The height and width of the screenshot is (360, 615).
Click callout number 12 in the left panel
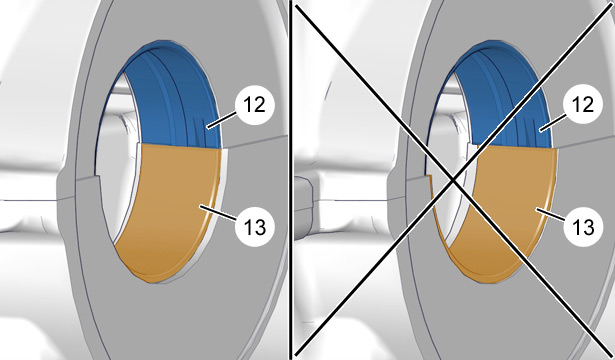tap(255, 104)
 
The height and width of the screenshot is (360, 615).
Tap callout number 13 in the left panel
tap(255, 227)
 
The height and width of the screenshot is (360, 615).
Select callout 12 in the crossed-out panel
tap(582, 104)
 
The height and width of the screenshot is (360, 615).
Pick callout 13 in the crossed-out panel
tap(582, 227)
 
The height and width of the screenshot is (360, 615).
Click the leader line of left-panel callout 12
tap(222, 120)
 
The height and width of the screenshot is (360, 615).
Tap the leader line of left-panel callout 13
tap(218, 212)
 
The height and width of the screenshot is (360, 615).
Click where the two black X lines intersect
tap(454, 180)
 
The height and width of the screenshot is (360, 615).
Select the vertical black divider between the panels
tap(291, 180)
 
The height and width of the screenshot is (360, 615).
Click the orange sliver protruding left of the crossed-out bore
tap(436, 208)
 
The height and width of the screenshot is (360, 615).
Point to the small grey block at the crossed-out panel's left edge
tap(303, 208)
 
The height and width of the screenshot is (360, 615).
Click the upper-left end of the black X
tap(296, 5)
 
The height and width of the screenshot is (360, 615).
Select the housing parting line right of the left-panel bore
tap(255, 142)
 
